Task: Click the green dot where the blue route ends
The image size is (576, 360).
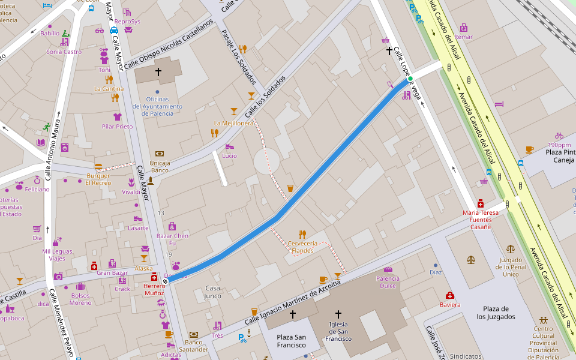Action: pyautogui.click(x=410, y=79)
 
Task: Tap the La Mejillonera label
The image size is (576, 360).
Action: pyautogui.click(x=233, y=123)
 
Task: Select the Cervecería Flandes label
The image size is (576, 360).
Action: pyautogui.click(x=302, y=247)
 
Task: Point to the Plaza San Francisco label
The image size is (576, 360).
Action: pyautogui.click(x=291, y=341)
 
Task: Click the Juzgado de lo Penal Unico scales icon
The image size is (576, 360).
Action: pyautogui.click(x=510, y=248)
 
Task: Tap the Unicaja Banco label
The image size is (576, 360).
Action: pyautogui.click(x=160, y=166)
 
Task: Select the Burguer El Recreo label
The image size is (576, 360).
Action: pyautogui.click(x=98, y=179)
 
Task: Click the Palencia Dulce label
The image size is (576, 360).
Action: pyautogui.click(x=388, y=282)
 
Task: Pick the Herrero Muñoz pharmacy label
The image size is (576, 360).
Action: pyautogui.click(x=154, y=289)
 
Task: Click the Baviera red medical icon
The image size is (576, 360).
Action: pyautogui.click(x=450, y=295)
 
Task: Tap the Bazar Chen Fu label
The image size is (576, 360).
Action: pyautogui.click(x=172, y=239)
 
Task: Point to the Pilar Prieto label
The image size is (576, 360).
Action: pyautogui.click(x=117, y=127)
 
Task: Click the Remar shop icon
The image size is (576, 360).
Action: pyautogui.click(x=464, y=28)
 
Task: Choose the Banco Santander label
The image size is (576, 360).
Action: pyautogui.click(x=193, y=345)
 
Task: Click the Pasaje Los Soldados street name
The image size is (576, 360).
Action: pyautogui.click(x=239, y=57)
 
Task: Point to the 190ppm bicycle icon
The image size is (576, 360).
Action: pyautogui.click(x=559, y=136)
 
